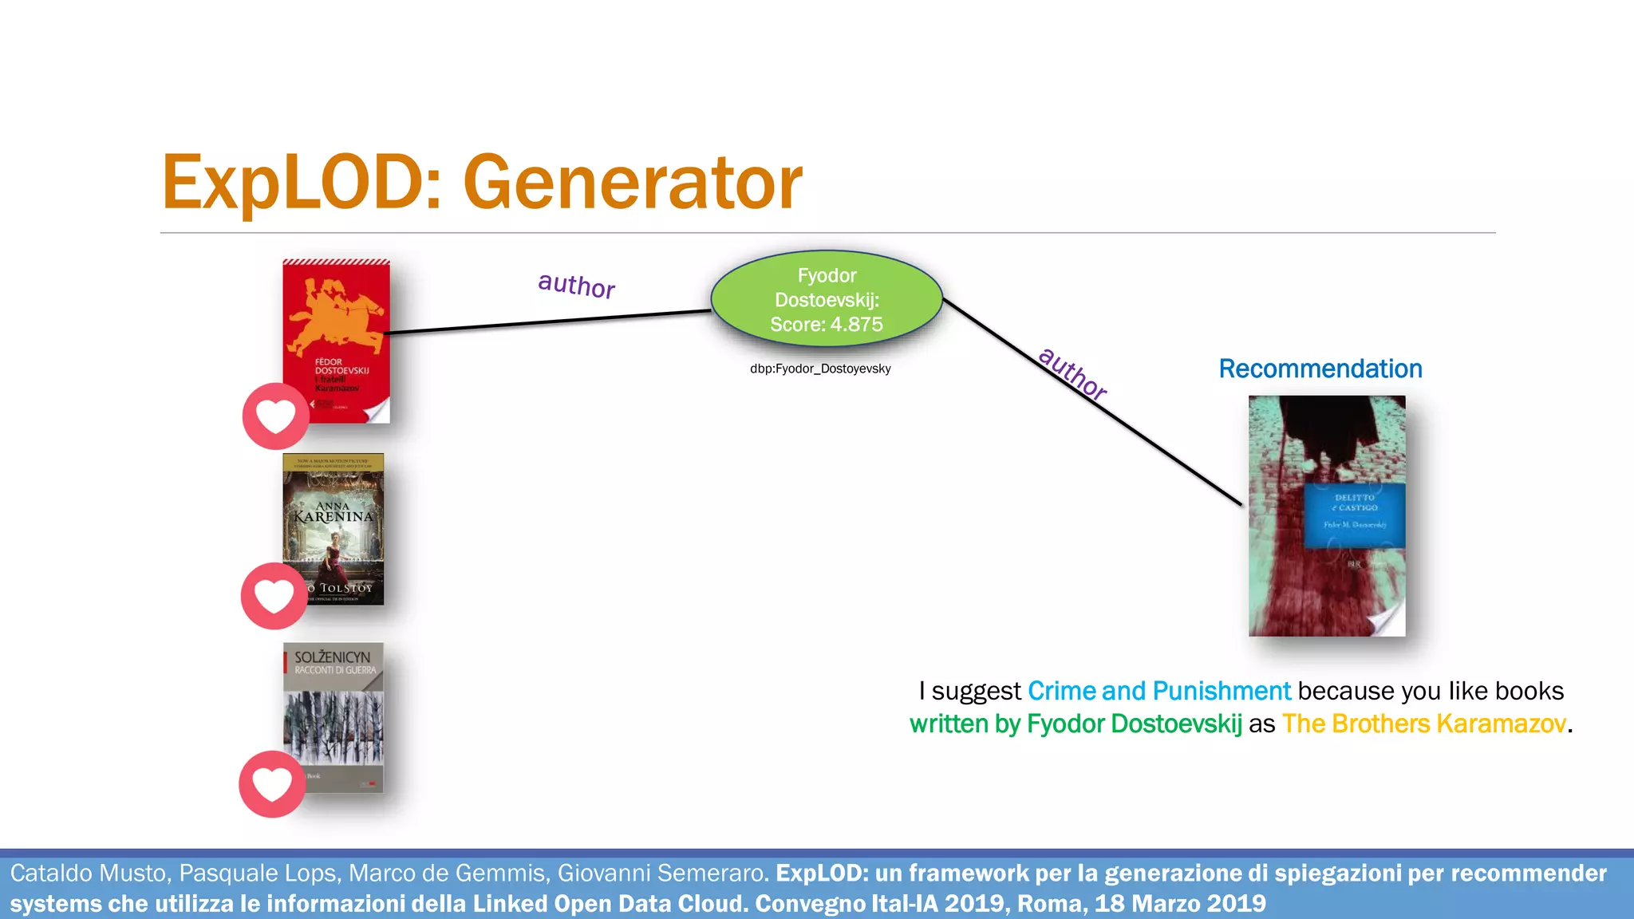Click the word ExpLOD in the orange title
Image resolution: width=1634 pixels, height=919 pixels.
[291, 183]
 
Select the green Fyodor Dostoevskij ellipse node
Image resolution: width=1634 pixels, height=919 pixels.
[827, 299]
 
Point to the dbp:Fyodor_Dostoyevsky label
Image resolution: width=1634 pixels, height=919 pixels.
[820, 369]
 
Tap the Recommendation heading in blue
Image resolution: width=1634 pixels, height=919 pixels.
[1320, 369]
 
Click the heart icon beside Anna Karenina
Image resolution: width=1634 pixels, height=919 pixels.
[274, 596]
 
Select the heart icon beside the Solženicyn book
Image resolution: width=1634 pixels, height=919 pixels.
[272, 784]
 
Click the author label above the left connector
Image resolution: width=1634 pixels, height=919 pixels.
[576, 285]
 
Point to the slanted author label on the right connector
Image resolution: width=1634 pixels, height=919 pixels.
[1072, 374]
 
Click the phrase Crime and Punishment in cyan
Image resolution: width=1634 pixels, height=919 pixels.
[1158, 691]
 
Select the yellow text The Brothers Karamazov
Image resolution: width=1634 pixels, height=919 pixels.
[1424, 724]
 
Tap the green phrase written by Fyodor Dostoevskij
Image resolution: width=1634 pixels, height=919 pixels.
[1076, 724]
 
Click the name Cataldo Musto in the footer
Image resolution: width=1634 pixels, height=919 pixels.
[89, 873]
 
